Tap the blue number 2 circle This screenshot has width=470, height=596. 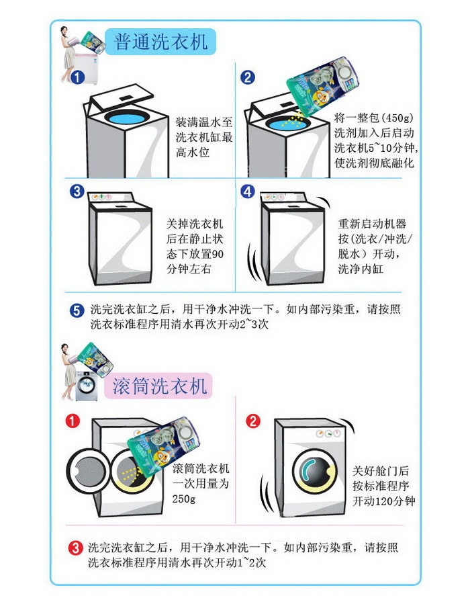pos(248,77)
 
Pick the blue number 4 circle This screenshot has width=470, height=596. pos(248,191)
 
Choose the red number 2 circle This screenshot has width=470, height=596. pos(252,422)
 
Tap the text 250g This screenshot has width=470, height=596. pos(183,499)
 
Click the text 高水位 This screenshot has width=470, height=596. pos(193,153)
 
